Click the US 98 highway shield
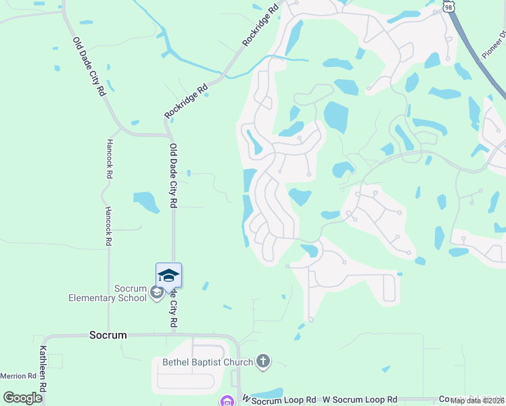pyautogui.click(x=449, y=5)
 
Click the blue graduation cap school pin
pyautogui.click(x=168, y=275)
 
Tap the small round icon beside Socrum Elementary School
pyautogui.click(x=156, y=293)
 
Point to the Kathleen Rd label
pyautogui.click(x=43, y=369)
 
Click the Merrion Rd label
pyautogui.click(x=18, y=376)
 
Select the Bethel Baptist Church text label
pyautogui.click(x=208, y=362)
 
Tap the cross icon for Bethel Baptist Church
pyautogui.click(x=263, y=362)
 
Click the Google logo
pyautogui.click(x=23, y=397)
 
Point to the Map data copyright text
pyautogui.click(x=477, y=401)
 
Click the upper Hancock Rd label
pyautogui.click(x=109, y=159)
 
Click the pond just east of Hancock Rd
pyautogui.click(x=146, y=201)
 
